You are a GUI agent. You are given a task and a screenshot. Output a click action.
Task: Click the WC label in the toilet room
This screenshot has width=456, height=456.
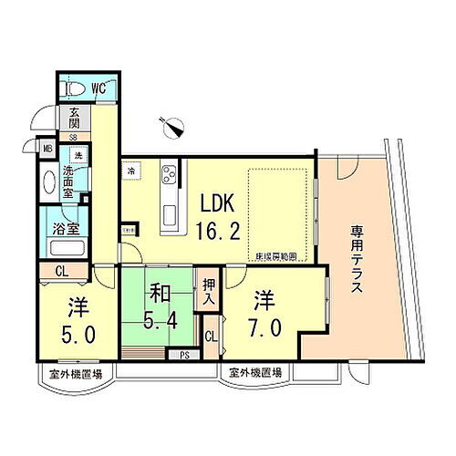(x=98, y=90)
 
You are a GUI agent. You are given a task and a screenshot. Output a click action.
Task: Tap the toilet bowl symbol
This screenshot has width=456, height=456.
(x=73, y=90)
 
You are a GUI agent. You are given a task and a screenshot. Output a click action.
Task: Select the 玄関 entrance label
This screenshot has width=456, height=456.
(x=70, y=119)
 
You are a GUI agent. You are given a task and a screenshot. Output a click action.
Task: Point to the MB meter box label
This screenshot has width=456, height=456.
(x=46, y=146)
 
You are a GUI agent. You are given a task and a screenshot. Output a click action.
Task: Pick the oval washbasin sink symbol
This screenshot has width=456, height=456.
(x=48, y=182)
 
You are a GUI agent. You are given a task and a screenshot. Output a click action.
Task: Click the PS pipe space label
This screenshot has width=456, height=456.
(x=184, y=356)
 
